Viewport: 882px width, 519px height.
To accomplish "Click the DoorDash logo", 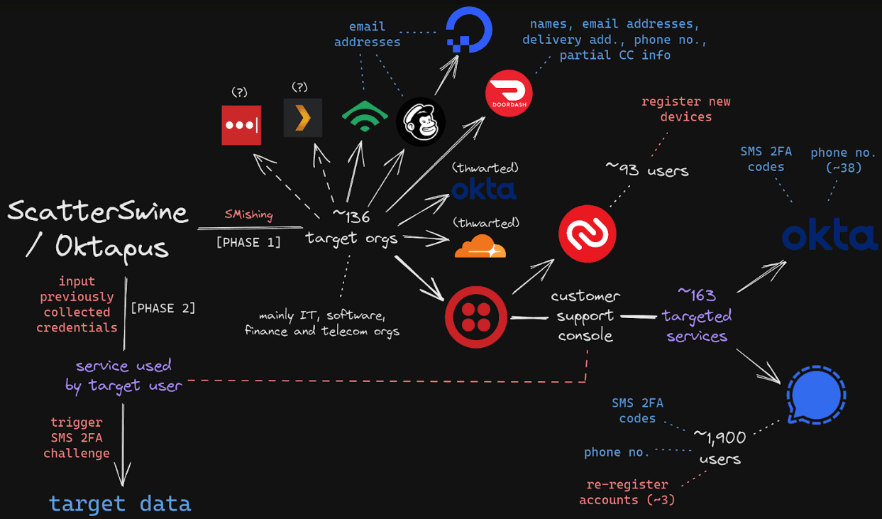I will coord(509,94).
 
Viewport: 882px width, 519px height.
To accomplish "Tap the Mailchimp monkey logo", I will coord(420,122).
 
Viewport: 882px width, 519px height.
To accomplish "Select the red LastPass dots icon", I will coord(241,125).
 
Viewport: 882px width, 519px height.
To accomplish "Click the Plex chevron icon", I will coord(303,117).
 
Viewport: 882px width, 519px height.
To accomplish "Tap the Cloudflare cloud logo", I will coord(480,247).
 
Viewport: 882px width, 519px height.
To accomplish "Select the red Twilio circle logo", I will coord(476,317).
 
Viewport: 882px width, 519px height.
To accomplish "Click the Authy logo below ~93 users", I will coord(587,234).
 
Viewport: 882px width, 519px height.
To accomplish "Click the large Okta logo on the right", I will coord(829,236).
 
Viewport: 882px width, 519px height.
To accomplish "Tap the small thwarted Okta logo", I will coord(484,189).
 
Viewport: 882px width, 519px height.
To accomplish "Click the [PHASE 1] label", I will coord(248,242).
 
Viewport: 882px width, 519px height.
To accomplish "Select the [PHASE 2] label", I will coord(162,308).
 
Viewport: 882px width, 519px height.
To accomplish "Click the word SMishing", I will coord(248,215).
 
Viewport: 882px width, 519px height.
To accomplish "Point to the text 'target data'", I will coord(120,503).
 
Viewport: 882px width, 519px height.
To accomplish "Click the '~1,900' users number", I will coord(720,435).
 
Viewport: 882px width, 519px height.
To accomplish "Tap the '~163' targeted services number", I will coord(696,294).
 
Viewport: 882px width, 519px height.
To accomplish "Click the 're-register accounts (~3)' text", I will coord(627,492).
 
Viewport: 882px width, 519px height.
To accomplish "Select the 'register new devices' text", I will coord(685,109).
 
